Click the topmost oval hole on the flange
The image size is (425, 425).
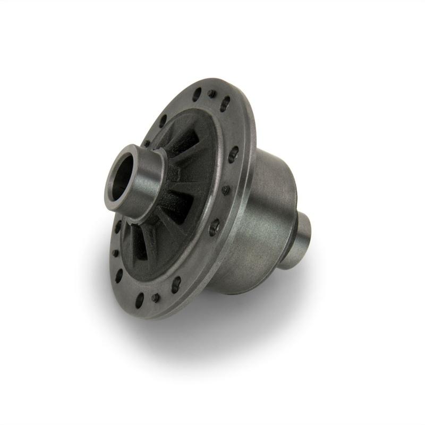coord(197,95)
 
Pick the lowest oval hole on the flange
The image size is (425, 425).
coord(140,301)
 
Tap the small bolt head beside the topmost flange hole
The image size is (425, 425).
coord(211,93)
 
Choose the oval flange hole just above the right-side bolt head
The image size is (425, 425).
coord(233,155)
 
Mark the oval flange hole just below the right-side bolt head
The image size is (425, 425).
coord(214,227)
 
